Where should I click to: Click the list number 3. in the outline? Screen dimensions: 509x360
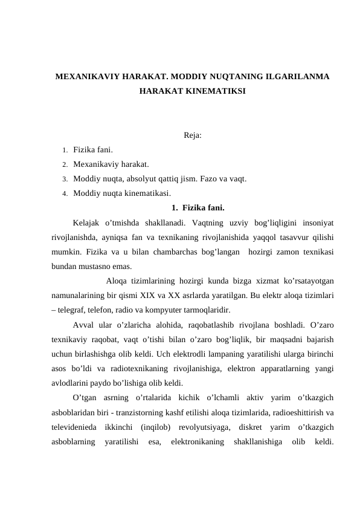click(64, 179)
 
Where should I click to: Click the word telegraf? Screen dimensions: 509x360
click(74, 308)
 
